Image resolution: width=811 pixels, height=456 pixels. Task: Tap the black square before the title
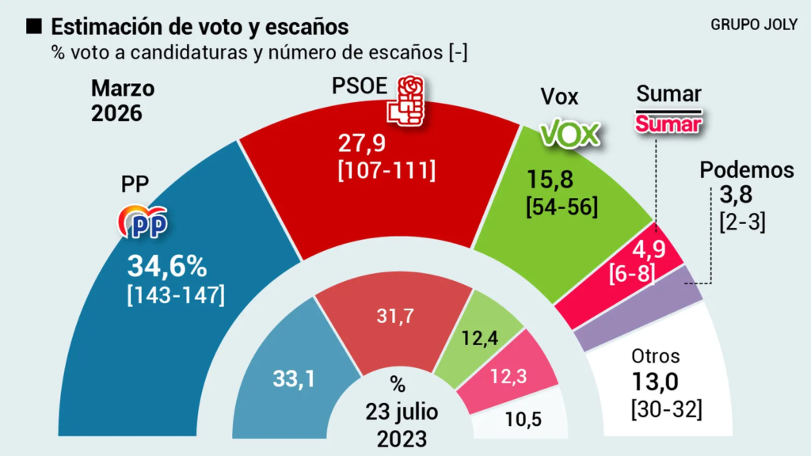coord(34,27)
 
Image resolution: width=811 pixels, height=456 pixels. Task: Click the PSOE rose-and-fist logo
coord(405,101)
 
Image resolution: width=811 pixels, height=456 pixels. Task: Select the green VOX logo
coord(569,135)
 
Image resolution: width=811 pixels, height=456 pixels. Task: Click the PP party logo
coord(143,222)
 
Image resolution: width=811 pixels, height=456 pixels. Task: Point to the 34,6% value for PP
coord(168,266)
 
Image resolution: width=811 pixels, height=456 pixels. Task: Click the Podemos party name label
coord(746,169)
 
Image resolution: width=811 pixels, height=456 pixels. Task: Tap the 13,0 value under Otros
coord(653,384)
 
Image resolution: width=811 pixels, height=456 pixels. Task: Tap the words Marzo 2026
coord(122,100)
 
